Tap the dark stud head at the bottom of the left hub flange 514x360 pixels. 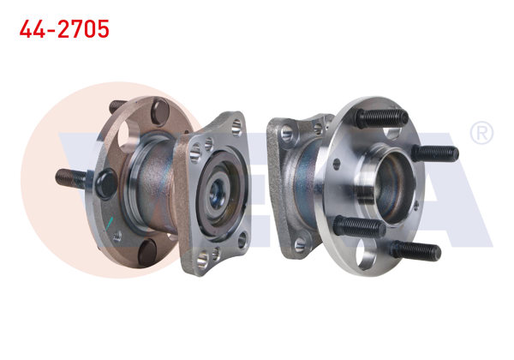pyautogui.click(x=148, y=251)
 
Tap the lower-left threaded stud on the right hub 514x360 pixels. pyautogui.click(x=356, y=226)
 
